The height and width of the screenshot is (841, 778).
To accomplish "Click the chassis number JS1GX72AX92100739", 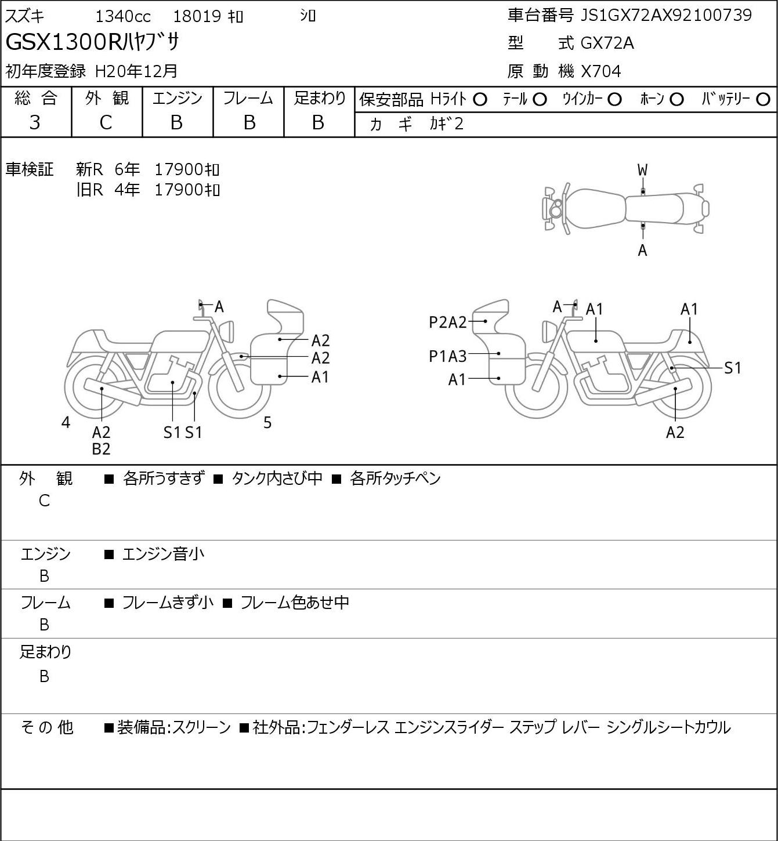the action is tap(665, 16).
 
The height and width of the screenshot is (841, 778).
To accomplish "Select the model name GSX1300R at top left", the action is tap(63, 42).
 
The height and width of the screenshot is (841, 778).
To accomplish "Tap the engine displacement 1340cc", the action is tap(123, 16).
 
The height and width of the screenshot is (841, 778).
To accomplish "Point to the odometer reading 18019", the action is tap(197, 16).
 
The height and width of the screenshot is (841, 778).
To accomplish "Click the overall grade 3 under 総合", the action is tap(35, 122).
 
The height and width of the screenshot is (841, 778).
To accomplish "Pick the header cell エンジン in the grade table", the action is tap(178, 98).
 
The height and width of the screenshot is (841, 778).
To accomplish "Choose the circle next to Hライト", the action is tap(480, 100).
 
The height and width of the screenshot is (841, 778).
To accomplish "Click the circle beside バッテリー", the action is tap(763, 100).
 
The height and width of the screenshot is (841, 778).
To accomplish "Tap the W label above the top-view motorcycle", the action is tap(642, 171).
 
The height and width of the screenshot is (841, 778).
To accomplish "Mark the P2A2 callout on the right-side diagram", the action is tap(447, 322).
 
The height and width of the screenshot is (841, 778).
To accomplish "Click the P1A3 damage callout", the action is tap(447, 357).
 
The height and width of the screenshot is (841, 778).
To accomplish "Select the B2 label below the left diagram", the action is tap(102, 449).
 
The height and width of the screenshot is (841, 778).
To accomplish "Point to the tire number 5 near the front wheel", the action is tap(267, 422).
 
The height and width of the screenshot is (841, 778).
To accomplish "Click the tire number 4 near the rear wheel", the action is tap(66, 422).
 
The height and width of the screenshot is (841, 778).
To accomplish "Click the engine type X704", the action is tap(601, 71).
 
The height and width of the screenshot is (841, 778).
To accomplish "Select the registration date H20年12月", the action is tap(136, 71).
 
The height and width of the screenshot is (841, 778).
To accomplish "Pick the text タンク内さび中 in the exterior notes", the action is tap(277, 478).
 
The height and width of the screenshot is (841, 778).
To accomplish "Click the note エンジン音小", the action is tap(163, 554).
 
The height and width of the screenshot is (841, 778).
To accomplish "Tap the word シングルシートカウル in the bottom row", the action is tap(668, 727).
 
